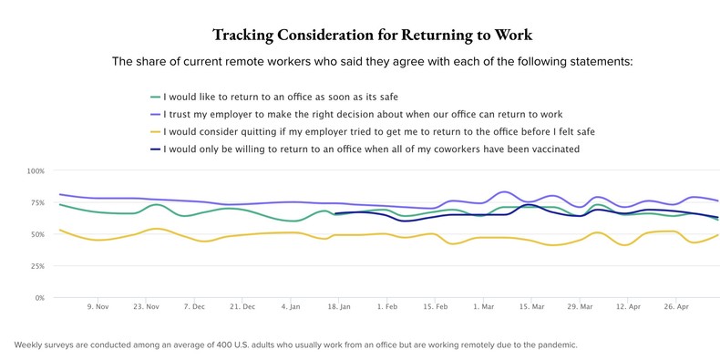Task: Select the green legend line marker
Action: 155,97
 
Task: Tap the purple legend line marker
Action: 155,114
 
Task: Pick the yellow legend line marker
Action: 155,131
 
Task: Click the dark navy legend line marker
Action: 155,149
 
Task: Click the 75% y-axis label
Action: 36,202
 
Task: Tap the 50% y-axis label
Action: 36,234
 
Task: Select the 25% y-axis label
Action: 36,266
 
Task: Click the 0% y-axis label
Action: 38,298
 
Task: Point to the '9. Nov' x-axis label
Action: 98,308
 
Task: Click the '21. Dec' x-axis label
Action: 242,308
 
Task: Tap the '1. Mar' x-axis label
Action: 482,308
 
